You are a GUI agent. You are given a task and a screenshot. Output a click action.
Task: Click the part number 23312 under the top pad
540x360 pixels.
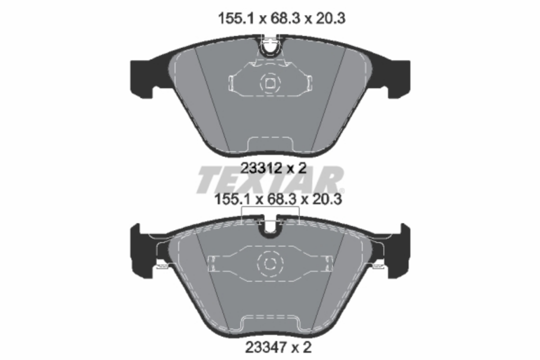(x=261, y=168)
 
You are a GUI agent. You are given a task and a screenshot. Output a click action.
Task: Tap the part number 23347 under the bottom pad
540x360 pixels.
(x=266, y=347)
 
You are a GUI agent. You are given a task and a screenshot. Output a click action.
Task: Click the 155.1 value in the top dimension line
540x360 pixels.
(x=236, y=18)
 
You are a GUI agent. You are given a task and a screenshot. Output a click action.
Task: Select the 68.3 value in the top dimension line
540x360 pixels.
(x=285, y=18)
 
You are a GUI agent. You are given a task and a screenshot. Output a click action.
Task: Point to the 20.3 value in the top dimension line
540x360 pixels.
(x=331, y=18)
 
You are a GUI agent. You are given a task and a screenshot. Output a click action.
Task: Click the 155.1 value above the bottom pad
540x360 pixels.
(x=232, y=200)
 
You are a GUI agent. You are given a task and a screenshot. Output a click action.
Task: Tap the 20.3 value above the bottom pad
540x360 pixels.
(x=327, y=200)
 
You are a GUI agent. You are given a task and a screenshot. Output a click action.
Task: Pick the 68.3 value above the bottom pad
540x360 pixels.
(x=282, y=200)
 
